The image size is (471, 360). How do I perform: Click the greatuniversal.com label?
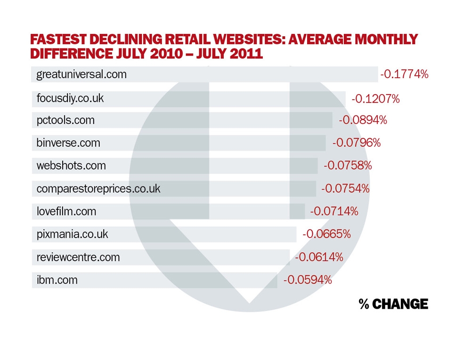coord(81,74)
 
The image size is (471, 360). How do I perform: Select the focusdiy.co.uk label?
coord(70,99)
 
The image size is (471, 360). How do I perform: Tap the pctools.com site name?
coord(65,120)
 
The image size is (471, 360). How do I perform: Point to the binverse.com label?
coord(68,143)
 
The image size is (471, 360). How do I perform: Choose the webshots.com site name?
coord(71,166)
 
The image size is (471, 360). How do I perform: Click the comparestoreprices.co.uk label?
coord(98,189)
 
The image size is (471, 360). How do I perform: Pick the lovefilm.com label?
coord(66,211)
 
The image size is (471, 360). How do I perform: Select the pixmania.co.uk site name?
coord(72,234)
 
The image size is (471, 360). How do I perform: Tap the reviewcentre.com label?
coord(78,257)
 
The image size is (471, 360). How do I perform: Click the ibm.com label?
coord(57,280)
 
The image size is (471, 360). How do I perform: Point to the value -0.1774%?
coord(404,74)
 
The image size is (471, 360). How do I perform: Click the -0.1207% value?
coord(375,99)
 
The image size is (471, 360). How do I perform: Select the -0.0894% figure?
coord(363,120)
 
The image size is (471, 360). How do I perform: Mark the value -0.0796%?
coord(356,143)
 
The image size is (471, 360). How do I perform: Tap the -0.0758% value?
coord(348,166)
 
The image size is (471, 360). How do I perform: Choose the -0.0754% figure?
coord(345,189)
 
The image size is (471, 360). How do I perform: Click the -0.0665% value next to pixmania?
coord(326,234)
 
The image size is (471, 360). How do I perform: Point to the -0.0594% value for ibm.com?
coord(308,280)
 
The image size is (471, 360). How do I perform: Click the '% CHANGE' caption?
coord(393,304)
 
